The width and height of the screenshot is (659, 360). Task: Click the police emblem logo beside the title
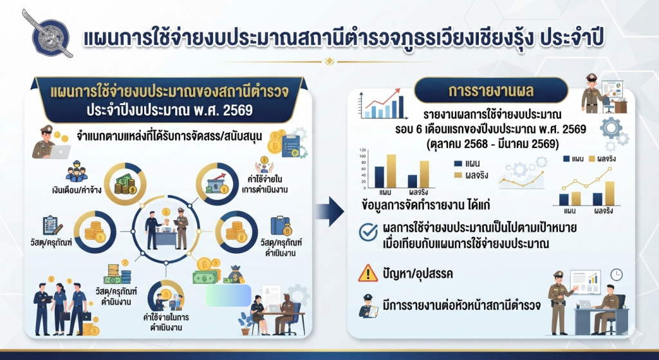48,33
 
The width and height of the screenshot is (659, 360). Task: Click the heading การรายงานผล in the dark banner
491,90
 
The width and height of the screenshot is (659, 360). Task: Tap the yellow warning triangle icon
368,273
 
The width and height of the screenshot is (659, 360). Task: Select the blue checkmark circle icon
368,232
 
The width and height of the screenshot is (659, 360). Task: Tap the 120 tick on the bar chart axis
362,149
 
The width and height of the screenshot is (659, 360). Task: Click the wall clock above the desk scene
616,274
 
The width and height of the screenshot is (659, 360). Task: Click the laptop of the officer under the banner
60,151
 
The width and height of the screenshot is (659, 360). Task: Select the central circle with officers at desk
167,230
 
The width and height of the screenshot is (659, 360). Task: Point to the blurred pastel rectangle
228,295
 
